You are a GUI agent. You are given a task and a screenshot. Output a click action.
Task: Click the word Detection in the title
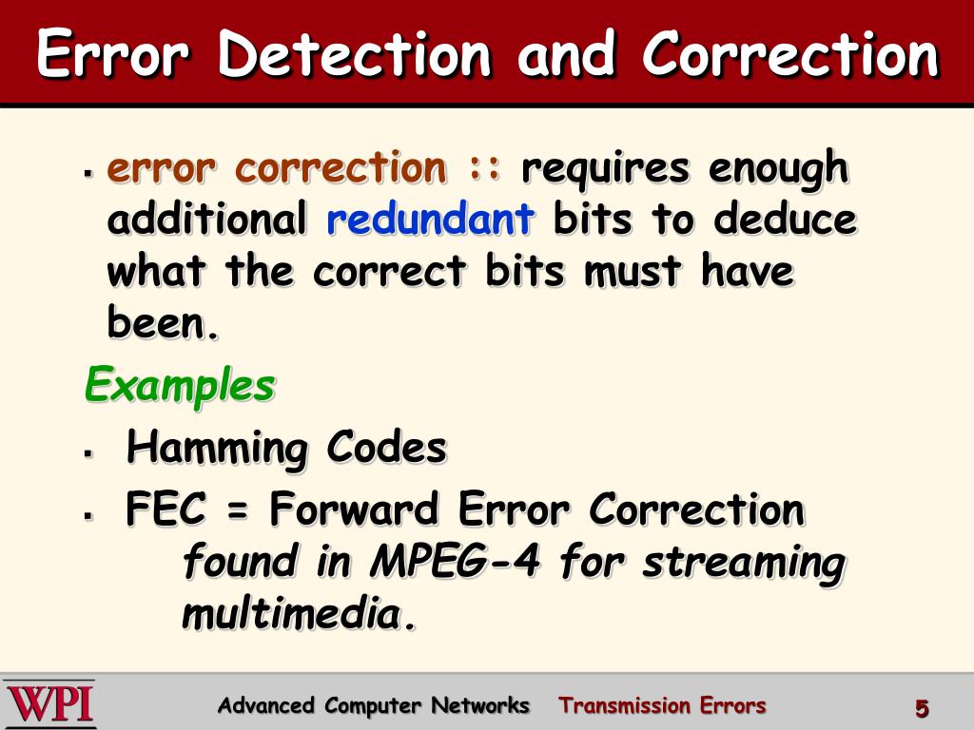(x=354, y=54)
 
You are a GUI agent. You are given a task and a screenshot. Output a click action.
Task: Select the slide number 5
(x=921, y=708)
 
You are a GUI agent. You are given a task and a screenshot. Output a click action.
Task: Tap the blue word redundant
(x=430, y=220)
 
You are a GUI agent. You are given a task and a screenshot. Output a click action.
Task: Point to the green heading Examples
(x=180, y=385)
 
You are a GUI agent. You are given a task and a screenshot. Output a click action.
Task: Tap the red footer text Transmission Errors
(x=662, y=705)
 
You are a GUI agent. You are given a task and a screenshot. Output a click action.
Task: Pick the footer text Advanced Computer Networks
(x=373, y=705)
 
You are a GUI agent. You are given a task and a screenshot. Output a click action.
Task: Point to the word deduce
(x=785, y=220)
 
